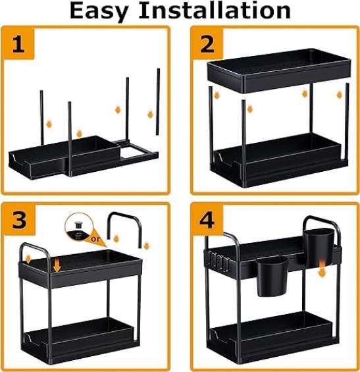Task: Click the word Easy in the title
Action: (x=99, y=12)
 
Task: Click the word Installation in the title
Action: (x=215, y=10)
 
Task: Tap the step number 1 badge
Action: (x=18, y=43)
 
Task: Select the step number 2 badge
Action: (x=207, y=43)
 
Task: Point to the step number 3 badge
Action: (x=20, y=220)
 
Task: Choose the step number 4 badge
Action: (x=207, y=220)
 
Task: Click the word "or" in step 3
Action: (x=95, y=238)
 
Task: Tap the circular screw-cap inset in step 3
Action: (x=78, y=226)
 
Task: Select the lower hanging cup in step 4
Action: (x=272, y=277)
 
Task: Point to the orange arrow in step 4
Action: (x=322, y=269)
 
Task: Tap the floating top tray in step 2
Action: (x=279, y=70)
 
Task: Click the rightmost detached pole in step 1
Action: (x=158, y=102)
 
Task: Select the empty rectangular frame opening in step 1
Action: (x=133, y=152)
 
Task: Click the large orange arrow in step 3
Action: (x=57, y=265)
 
